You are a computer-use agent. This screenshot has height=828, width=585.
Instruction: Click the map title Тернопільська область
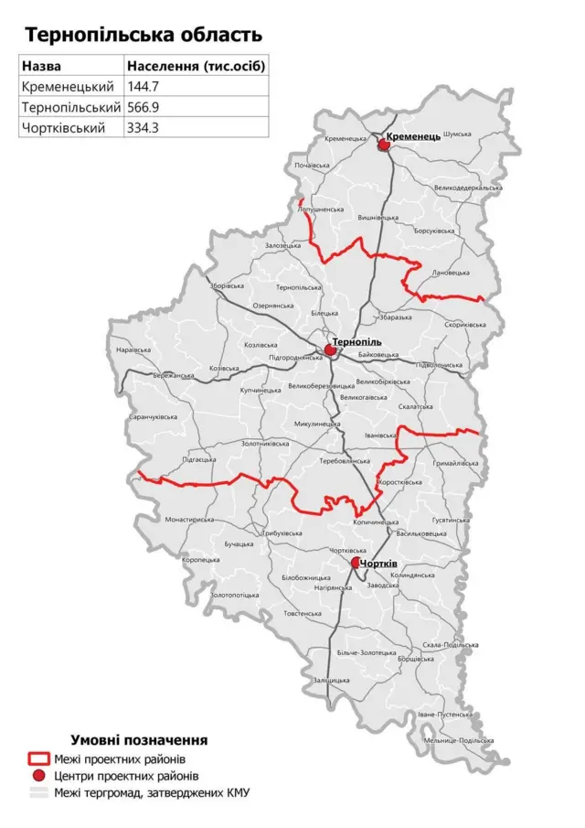[x=144, y=35]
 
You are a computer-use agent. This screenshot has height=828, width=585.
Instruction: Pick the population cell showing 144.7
[x=144, y=87]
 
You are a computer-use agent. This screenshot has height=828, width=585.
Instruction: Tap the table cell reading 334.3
[x=144, y=128]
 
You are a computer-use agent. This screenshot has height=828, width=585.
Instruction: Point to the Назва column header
[x=43, y=67]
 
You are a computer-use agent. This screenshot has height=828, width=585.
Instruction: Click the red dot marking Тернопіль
[x=330, y=349]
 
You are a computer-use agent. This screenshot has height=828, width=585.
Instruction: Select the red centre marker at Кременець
[x=383, y=143]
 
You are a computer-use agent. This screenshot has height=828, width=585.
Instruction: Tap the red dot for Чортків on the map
[x=356, y=565]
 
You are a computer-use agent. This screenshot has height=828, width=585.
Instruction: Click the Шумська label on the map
[x=456, y=134]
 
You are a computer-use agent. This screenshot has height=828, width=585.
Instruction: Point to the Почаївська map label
[x=312, y=166]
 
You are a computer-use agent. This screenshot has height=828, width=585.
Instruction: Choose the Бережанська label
[x=174, y=375]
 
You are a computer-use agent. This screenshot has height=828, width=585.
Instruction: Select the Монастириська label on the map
[x=190, y=519]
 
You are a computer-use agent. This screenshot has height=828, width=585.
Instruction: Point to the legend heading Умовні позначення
[x=139, y=739]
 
